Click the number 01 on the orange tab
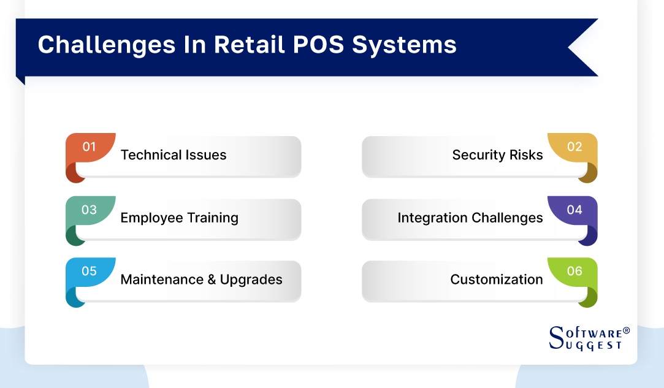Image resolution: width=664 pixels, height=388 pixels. pos(90,146)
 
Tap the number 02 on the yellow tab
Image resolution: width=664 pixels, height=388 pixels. pos(574,146)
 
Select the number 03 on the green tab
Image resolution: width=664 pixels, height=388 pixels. pos(90,210)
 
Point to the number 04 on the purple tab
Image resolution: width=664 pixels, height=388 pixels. pos(574,210)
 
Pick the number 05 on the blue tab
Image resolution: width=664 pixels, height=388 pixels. pos(90,271)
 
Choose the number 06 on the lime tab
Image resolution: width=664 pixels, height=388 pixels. pos(574,271)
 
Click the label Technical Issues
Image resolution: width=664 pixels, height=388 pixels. pos(174,155)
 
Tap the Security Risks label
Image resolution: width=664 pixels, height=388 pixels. pos(497,155)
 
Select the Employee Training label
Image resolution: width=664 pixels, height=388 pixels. pos(179,218)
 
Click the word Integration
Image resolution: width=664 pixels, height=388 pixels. pos(432,218)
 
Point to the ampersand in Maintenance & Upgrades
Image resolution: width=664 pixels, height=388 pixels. pos(210,280)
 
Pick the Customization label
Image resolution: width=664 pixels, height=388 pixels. pos(496,280)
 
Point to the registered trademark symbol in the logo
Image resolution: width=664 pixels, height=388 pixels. pos(626,330)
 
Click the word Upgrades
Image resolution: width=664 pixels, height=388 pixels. pos(251,280)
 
